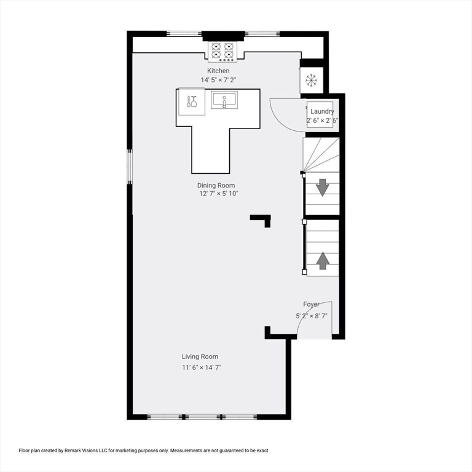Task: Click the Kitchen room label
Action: click(218, 71)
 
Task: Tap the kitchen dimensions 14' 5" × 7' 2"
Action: click(218, 80)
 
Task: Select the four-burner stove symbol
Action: click(222, 52)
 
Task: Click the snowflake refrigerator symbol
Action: click(311, 81)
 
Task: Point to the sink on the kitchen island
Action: click(224, 100)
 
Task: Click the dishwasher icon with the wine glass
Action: click(192, 101)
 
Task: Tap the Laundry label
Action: click(322, 111)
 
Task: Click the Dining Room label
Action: click(216, 186)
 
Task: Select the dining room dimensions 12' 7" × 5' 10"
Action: click(219, 194)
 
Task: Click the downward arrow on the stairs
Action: click(323, 187)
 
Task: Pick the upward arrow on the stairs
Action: click(323, 261)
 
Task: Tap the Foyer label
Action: click(311, 304)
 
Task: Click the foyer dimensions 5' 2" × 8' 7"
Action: click(311, 316)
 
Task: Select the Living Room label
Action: click(200, 356)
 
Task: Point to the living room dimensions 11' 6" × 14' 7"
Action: click(202, 368)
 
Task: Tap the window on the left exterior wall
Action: click(130, 167)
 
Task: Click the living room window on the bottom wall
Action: click(202, 417)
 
